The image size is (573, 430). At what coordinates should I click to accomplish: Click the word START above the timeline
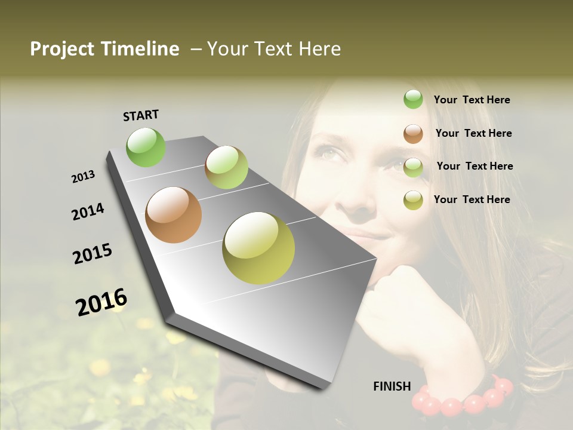141,115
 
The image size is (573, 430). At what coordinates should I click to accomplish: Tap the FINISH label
392,386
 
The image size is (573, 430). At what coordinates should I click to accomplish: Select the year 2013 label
83,177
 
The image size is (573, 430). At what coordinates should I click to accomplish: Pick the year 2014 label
88,212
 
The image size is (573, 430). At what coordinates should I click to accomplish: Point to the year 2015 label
93,254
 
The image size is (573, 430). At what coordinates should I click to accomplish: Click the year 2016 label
101,302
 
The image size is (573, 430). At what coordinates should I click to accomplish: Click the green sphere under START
146,147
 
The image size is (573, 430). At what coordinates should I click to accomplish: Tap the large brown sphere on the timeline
173,215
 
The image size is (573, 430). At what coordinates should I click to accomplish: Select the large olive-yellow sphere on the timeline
258,248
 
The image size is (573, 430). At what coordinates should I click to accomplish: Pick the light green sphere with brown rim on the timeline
226,167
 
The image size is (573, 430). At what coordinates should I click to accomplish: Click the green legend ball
413,100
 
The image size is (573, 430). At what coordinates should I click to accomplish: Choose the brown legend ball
413,133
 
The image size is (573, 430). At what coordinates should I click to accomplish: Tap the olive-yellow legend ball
413,200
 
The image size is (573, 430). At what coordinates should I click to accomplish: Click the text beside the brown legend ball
473,133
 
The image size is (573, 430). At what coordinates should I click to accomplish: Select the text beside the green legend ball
472,100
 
